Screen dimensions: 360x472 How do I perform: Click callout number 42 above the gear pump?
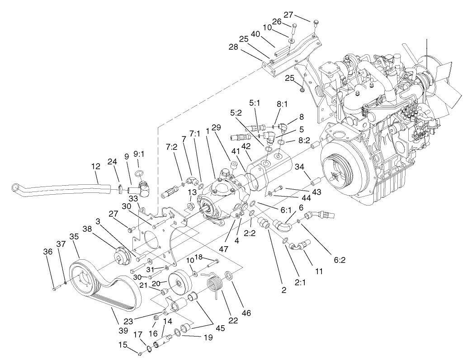coord(246,146)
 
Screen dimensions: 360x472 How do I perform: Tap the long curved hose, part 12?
coord(59,187)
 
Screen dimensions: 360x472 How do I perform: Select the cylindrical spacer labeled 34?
coord(312,186)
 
